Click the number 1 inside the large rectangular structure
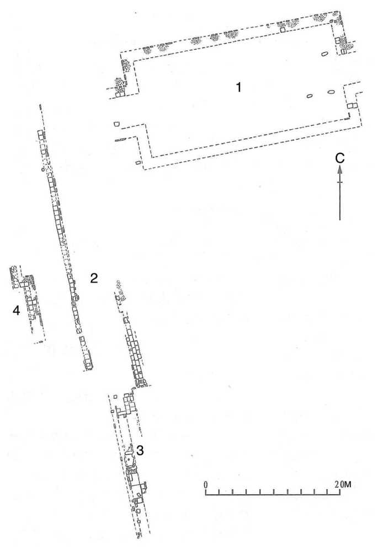238,87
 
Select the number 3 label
141,451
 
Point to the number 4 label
17,312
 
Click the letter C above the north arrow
340,158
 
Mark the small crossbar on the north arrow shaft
340,183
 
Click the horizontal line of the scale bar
273,494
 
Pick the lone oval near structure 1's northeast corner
324,54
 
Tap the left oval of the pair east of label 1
310,97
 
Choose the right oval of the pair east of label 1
331,92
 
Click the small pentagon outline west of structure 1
116,124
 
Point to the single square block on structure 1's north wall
281,30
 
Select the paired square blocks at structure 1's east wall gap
352,105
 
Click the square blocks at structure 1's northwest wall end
119,94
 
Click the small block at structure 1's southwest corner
138,163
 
